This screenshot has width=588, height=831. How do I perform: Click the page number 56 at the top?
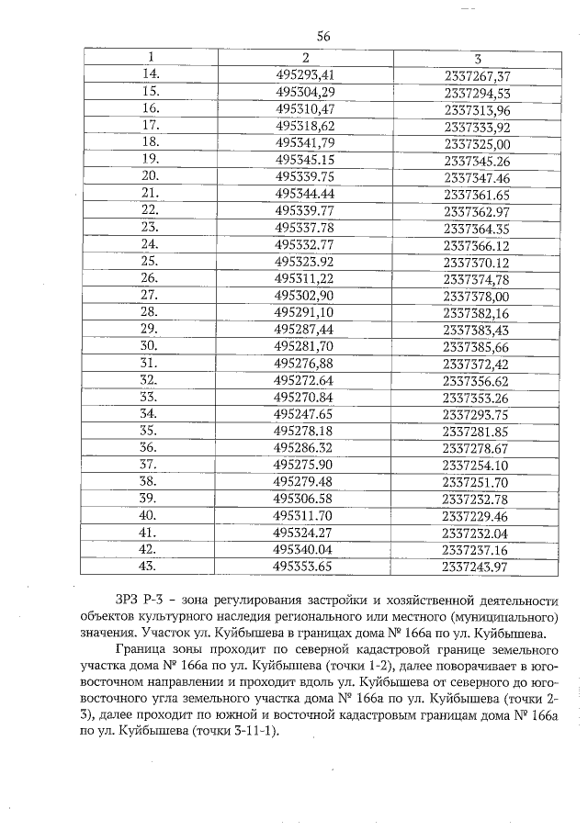point(322,37)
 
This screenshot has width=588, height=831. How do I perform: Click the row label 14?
point(151,74)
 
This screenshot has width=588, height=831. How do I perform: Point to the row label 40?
point(151,516)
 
